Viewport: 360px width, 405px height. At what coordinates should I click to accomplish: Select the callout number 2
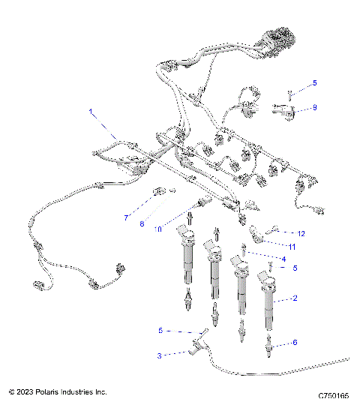tap(295, 298)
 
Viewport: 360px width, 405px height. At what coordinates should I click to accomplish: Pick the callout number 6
tap(295, 342)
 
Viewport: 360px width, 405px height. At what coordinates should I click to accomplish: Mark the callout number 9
tap(314, 108)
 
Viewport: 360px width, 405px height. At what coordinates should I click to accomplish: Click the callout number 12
tap(301, 233)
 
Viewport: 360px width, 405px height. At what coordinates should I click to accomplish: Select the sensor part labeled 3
tap(197, 346)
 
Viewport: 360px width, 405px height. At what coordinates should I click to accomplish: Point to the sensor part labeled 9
tap(286, 112)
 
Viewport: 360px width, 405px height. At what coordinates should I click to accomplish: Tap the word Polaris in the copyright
tap(49, 391)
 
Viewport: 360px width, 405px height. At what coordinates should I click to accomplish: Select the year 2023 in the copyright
tap(25, 391)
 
